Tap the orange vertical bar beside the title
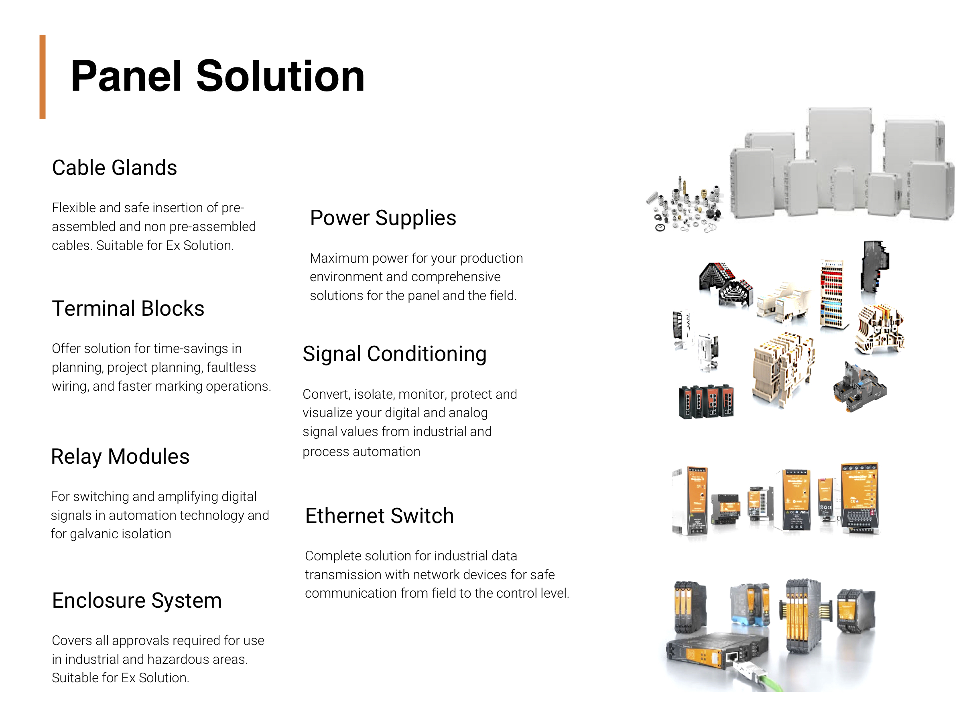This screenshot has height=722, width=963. click(42, 77)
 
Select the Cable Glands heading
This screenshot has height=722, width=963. click(114, 168)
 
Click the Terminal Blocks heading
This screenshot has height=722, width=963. click(128, 308)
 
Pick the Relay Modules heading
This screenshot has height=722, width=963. click(120, 456)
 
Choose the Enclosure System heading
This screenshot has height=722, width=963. click(137, 600)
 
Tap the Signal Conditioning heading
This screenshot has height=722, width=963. click(394, 354)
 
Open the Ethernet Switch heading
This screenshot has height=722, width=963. click(379, 516)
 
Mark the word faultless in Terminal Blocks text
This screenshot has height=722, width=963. click(231, 367)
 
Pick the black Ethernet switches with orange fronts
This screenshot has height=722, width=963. click(706, 402)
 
